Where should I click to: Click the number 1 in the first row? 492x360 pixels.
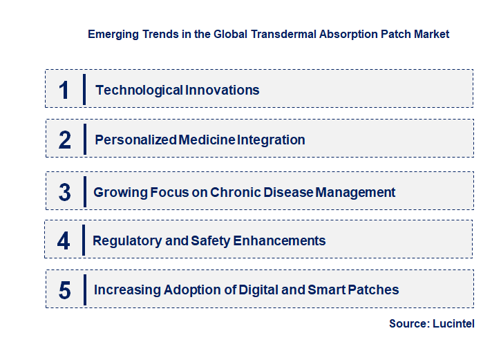click(x=64, y=90)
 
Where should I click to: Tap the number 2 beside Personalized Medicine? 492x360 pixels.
click(x=65, y=140)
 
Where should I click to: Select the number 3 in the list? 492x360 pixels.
click(x=65, y=192)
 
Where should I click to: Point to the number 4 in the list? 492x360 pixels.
click(x=64, y=241)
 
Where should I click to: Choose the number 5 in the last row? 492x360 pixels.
click(x=65, y=290)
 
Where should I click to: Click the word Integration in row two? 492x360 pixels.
click(x=271, y=140)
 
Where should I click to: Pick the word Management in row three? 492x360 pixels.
click(x=355, y=192)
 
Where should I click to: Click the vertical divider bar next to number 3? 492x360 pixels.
click(x=84, y=191)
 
